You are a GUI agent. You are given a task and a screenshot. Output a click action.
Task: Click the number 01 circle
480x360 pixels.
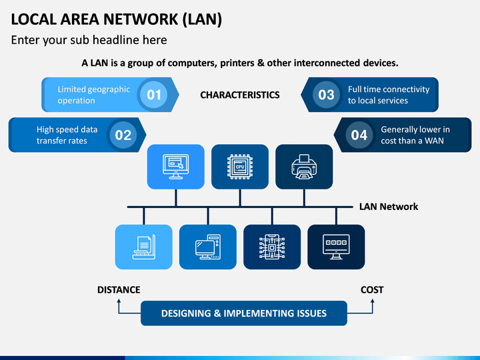pyautogui.click(x=154, y=95)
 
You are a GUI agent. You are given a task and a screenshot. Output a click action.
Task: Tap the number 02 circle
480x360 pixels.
pyautogui.click(x=123, y=135)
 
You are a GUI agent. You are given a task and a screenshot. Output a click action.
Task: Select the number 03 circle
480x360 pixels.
pyautogui.click(x=326, y=95)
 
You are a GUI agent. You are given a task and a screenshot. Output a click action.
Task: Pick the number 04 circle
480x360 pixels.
pyautogui.click(x=359, y=135)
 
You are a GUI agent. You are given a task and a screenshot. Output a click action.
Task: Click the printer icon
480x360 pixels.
pyautogui.click(x=304, y=167)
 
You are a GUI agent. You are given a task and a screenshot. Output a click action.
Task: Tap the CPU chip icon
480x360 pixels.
pyautogui.click(x=240, y=167)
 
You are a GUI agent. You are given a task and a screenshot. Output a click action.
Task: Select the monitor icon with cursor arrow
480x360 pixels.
pyautogui.click(x=176, y=167)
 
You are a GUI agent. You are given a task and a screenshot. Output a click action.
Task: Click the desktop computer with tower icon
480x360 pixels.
pyautogui.click(x=208, y=247)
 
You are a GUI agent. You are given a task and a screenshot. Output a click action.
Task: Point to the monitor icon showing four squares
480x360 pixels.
pyautogui.click(x=336, y=247)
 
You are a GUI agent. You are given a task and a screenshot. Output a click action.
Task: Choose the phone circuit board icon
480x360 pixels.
pyautogui.click(x=272, y=247)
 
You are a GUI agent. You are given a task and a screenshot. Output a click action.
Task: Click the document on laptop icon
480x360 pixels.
pyautogui.click(x=144, y=247)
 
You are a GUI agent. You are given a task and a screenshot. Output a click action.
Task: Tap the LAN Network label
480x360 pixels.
pyautogui.click(x=389, y=207)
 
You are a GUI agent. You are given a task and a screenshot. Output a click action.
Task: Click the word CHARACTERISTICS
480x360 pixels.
pyautogui.click(x=240, y=95)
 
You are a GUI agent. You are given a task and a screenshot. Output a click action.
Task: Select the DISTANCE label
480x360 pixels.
pyautogui.click(x=119, y=289)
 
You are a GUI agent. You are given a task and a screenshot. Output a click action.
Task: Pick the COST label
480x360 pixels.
pyautogui.click(x=372, y=289)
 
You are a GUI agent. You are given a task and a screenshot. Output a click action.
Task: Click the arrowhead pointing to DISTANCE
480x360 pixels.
pyautogui.click(x=119, y=301)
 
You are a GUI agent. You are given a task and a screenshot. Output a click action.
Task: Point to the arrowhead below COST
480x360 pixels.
pyautogui.click(x=373, y=301)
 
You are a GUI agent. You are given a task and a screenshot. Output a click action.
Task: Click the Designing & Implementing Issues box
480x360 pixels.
pyautogui.click(x=244, y=313)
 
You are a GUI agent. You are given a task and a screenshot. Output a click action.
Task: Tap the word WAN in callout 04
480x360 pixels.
pyautogui.click(x=434, y=141)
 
